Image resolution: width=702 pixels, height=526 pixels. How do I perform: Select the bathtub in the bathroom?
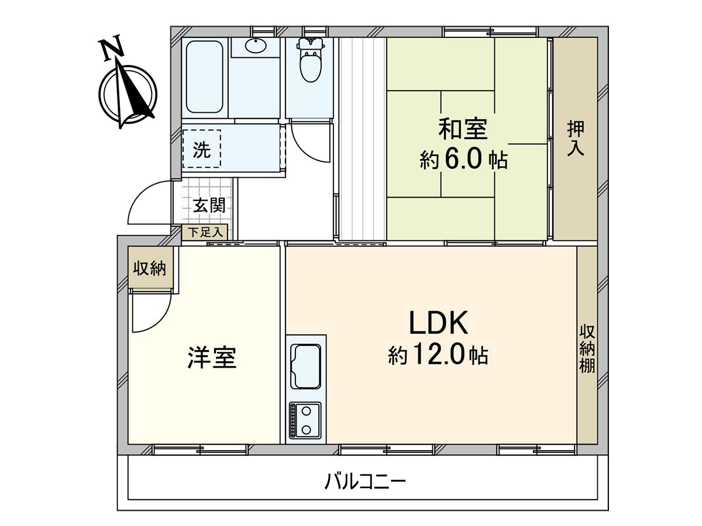[x=205, y=76]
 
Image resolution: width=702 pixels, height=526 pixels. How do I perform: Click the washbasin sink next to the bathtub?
[x=256, y=46]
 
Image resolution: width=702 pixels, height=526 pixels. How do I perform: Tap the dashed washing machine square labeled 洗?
[x=202, y=150]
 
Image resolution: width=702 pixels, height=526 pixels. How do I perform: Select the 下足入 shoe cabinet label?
[x=205, y=232]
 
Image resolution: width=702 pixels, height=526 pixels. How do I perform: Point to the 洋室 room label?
[x=212, y=357]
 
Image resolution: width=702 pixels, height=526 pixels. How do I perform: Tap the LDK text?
[x=439, y=323]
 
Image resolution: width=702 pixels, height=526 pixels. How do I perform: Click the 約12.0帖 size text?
[x=439, y=354]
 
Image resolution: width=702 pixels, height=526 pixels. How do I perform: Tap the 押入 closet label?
[x=576, y=139]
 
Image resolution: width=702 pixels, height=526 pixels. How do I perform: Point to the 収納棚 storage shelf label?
[x=587, y=348]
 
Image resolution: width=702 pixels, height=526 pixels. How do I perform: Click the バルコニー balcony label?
[x=366, y=483]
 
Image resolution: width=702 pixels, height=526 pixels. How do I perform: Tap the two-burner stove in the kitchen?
[x=305, y=420]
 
